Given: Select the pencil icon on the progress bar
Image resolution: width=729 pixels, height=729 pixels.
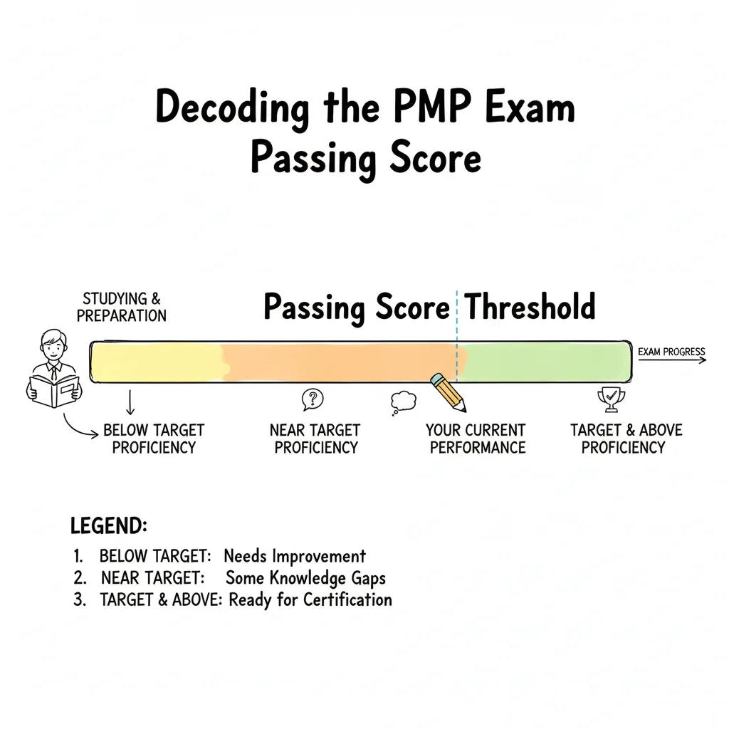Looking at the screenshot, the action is click(x=449, y=391).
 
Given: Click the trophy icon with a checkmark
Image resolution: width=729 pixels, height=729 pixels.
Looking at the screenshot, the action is click(x=611, y=400).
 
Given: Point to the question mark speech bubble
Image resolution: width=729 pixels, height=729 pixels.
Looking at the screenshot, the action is click(x=313, y=399).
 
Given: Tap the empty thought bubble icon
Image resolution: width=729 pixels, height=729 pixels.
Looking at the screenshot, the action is click(x=403, y=403).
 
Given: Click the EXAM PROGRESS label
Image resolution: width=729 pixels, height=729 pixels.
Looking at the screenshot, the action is click(x=671, y=352).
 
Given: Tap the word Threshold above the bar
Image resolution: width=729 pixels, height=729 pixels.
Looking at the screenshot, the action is click(x=530, y=307).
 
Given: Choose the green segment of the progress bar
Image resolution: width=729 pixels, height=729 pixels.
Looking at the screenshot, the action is click(x=545, y=362).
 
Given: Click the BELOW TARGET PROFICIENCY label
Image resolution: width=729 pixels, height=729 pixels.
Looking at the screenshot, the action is click(x=154, y=439).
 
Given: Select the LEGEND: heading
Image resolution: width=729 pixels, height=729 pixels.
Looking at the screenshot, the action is click(x=109, y=526).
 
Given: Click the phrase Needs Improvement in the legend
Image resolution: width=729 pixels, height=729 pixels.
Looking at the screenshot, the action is click(x=295, y=556).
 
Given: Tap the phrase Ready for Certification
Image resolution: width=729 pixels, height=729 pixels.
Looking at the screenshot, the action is click(x=311, y=599).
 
